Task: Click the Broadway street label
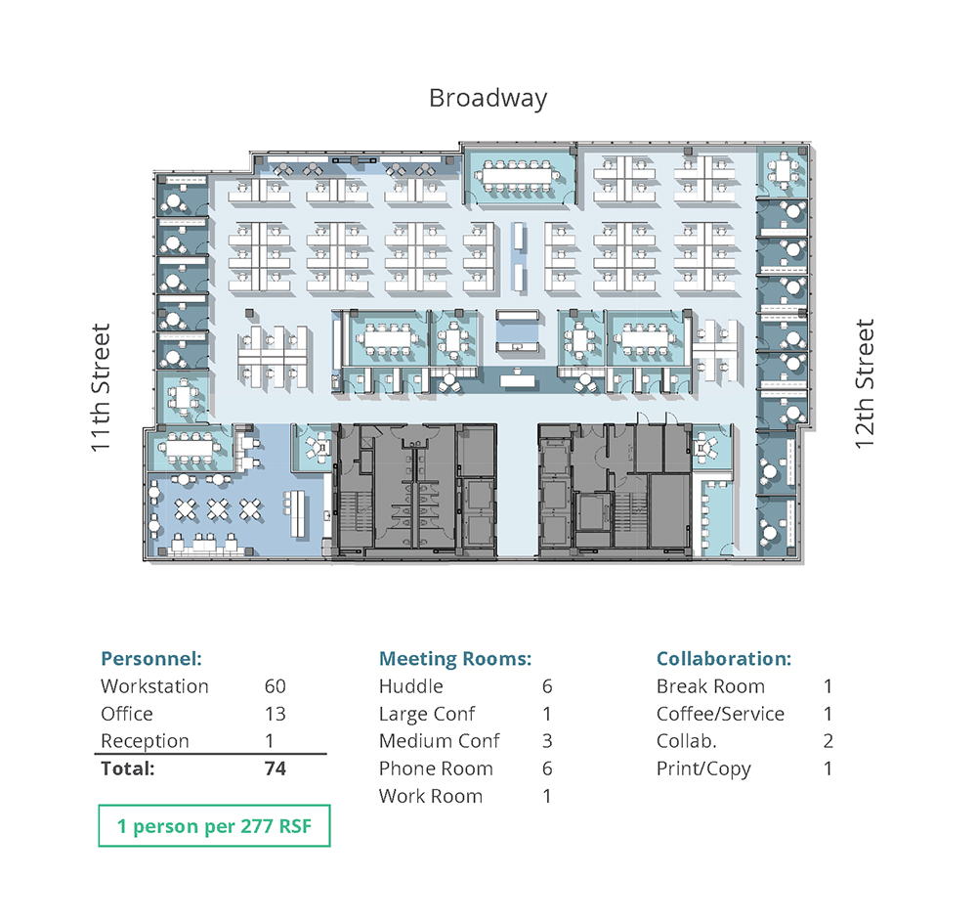click(x=488, y=99)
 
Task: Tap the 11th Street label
click(x=101, y=387)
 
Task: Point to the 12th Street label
click(x=865, y=383)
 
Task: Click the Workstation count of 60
click(x=275, y=686)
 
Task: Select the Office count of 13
click(x=275, y=714)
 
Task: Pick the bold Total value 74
click(x=275, y=768)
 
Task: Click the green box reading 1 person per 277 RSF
click(x=214, y=826)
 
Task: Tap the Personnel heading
click(x=151, y=659)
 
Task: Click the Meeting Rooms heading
click(x=455, y=659)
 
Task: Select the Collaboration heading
click(x=724, y=659)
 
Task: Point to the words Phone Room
click(x=436, y=768)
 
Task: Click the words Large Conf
click(x=427, y=715)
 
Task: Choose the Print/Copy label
click(x=703, y=769)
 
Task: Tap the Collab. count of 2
click(x=828, y=741)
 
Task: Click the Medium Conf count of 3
click(x=547, y=741)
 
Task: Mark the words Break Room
click(x=710, y=686)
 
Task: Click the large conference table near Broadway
click(x=517, y=175)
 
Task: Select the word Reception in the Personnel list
click(x=145, y=741)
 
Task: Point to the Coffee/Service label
click(x=720, y=714)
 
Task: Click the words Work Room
click(x=431, y=796)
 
